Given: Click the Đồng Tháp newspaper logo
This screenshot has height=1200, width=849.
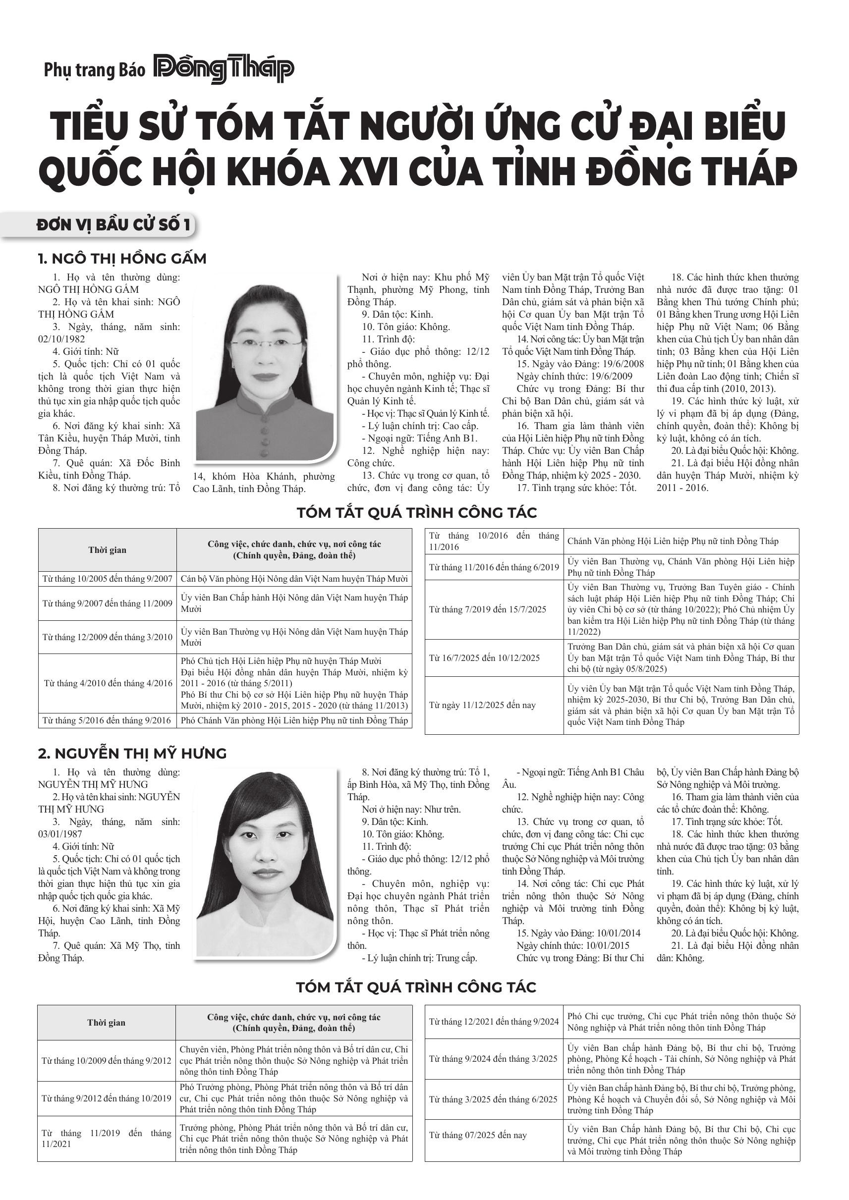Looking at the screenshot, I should (224, 70).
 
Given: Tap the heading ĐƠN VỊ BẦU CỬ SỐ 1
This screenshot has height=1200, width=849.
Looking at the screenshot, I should (113, 225).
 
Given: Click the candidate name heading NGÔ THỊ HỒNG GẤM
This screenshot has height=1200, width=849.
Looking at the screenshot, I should (122, 259).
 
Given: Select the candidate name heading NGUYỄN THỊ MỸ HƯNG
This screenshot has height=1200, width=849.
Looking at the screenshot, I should (132, 753).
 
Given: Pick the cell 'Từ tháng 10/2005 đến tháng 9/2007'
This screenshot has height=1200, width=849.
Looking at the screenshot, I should (107, 579).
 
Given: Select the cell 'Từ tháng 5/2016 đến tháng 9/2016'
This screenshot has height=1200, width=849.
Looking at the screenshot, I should (107, 720).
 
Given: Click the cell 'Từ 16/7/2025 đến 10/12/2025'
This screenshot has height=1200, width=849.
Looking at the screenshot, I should (484, 657).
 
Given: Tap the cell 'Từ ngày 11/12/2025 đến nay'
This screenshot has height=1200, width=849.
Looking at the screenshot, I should (482, 705).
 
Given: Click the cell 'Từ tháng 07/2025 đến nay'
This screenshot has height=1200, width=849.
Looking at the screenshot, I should (478, 1135).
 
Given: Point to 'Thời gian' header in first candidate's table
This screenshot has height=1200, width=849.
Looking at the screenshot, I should (107, 550).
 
